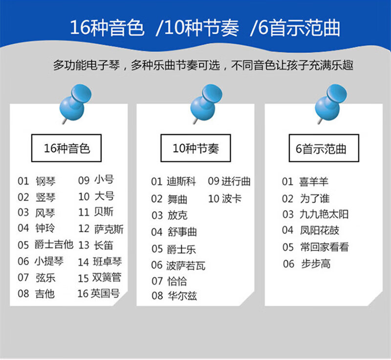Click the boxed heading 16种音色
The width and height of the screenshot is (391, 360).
point(66,148)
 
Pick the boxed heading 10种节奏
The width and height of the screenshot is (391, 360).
point(196,148)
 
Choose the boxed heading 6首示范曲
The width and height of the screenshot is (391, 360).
point(324,148)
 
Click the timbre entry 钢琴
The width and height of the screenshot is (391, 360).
point(45,181)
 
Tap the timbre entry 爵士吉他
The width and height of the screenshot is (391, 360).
point(54,245)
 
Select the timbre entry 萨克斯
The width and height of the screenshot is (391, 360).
point(109,229)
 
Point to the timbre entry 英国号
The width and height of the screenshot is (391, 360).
point(105,293)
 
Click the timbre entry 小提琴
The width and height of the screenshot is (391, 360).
point(49,261)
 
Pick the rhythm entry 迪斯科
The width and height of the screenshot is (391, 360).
point(181,181)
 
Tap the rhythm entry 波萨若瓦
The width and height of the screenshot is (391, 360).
point(186,266)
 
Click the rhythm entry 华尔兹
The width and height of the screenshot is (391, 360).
point(182,296)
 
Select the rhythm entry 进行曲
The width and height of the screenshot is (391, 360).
point(236,181)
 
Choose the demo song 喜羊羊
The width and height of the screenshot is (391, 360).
point(314,181)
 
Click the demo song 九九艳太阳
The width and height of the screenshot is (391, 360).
point(324,214)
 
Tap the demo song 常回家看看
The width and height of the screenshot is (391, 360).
point(325,247)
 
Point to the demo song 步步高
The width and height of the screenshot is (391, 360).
point(316,264)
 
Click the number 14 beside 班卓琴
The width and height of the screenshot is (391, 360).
point(83,262)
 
